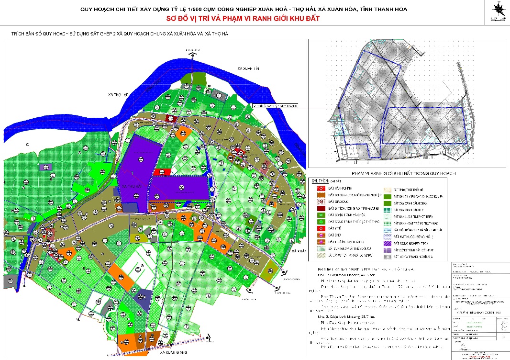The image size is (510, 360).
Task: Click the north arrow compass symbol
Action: [499, 10]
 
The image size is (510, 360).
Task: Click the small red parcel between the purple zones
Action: [162, 172]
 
